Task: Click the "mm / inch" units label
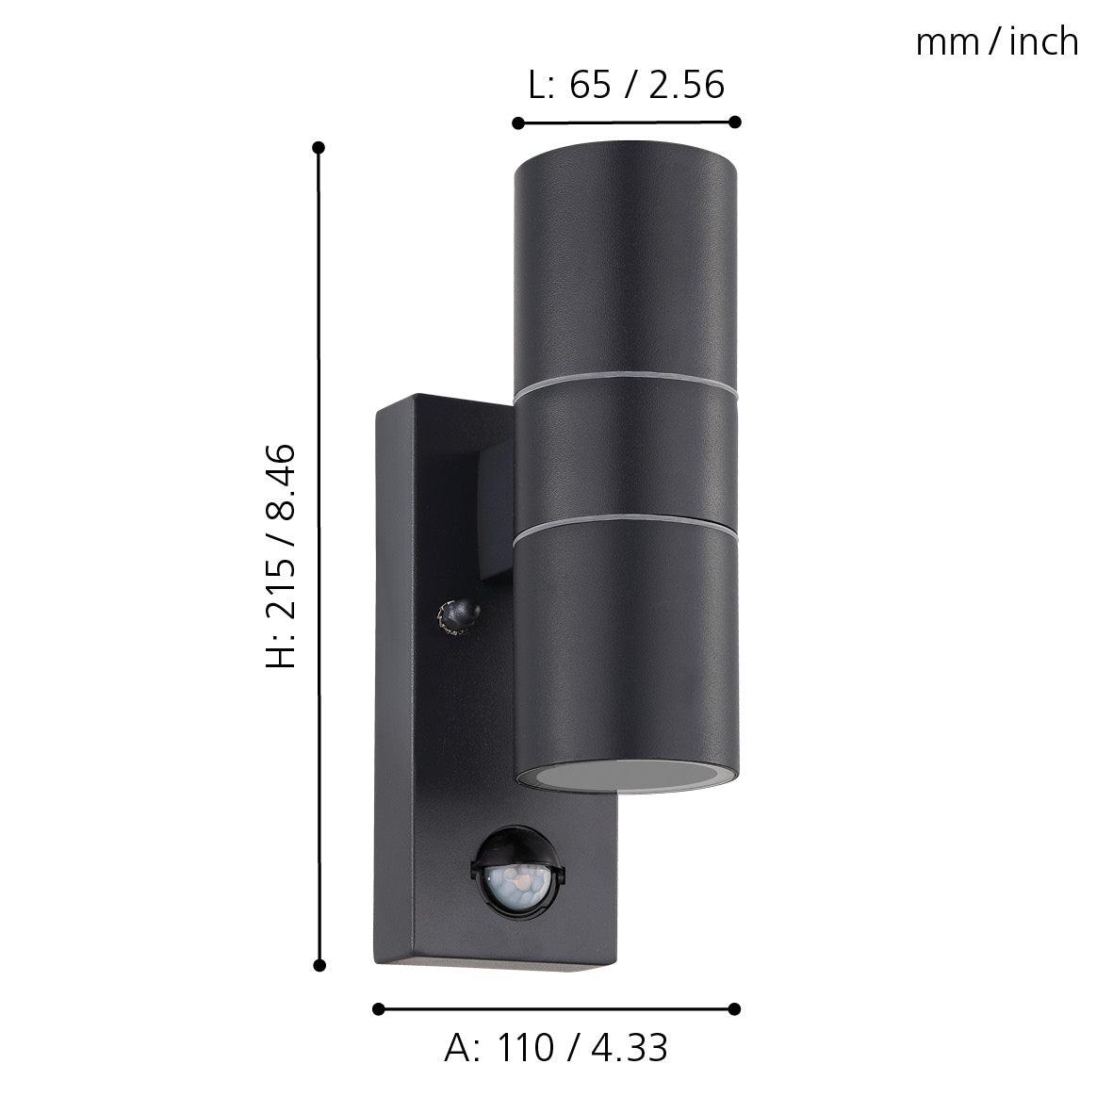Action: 996,42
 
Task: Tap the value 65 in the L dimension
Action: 591,85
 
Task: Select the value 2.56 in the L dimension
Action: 687,85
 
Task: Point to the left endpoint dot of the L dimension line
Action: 517,123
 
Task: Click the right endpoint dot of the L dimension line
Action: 735,122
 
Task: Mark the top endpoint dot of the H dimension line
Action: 319,148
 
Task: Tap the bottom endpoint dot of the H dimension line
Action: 319,965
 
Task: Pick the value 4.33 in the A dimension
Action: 631,1048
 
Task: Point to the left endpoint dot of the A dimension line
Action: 379,1008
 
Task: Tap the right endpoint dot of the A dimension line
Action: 735,1008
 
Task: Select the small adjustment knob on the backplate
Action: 456,615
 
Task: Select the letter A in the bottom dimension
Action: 457,1048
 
